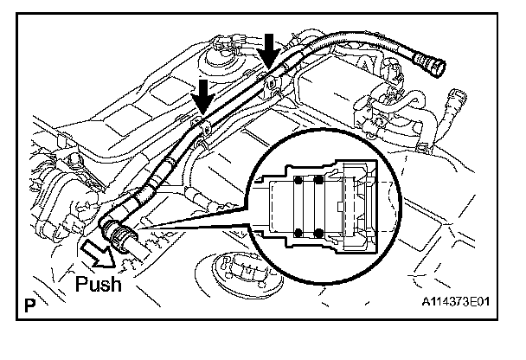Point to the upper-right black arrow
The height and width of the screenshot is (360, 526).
pos(271,50)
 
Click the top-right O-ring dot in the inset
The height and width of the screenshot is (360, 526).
pos(321,181)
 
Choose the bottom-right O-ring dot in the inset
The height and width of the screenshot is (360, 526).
pos(321,231)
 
